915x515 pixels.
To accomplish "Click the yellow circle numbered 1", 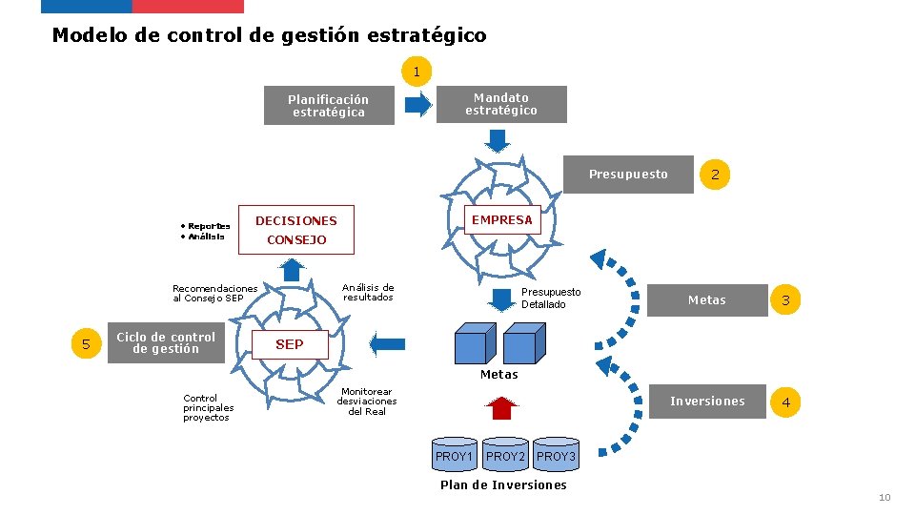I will point(417,72).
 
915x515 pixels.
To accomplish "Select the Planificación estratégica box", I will point(329,106).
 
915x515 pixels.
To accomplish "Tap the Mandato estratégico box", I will point(501,104).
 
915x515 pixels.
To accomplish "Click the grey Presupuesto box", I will point(628,175).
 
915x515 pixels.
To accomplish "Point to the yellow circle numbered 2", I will point(715,175).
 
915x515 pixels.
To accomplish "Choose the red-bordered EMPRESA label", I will point(502,220).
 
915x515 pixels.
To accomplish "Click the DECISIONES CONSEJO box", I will point(296,230).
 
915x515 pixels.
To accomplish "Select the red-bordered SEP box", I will point(290,344).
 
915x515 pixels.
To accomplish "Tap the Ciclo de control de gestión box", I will point(166,343).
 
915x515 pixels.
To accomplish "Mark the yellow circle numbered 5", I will point(86,344).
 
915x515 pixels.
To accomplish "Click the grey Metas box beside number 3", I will point(707,300).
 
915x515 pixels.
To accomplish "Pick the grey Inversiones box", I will point(707,402).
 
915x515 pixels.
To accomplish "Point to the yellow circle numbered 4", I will point(785,402).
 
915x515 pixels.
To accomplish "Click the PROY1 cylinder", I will point(455,455).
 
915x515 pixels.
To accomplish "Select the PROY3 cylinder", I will point(556,455).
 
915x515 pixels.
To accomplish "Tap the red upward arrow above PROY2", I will point(499,407).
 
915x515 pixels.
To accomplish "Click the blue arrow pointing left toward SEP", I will point(387,343).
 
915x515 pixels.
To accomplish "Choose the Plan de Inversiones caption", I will point(503,485).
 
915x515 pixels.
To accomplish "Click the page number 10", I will point(884,498).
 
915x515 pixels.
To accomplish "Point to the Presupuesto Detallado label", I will point(550,298).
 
